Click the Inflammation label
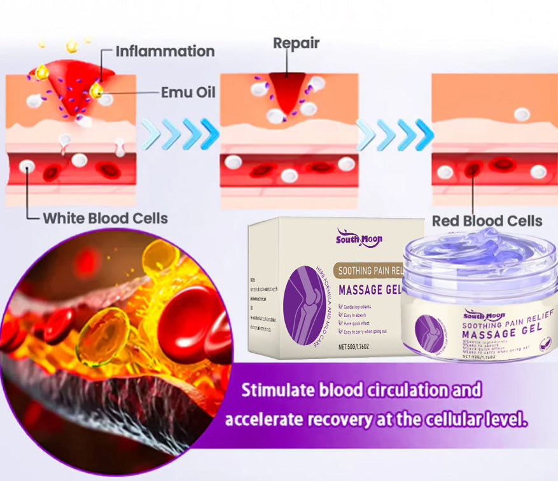164,51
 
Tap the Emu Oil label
188,93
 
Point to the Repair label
296,43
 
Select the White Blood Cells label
105,219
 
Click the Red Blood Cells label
487,221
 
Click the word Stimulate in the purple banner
276,390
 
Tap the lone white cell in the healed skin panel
522,114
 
